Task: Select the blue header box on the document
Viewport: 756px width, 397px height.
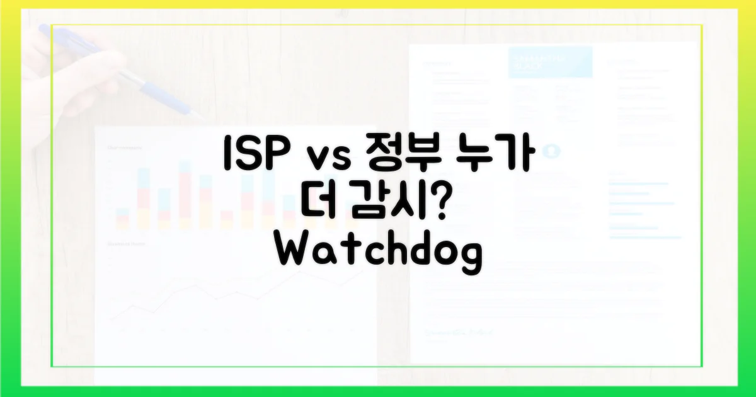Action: coord(550,62)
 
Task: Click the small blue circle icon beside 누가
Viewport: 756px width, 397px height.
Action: coord(553,151)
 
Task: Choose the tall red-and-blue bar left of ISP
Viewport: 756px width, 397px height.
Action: coord(186,195)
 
